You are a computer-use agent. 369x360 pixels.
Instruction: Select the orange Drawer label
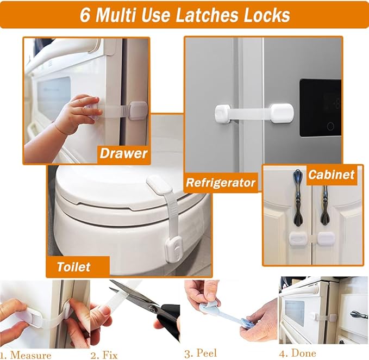[x=123, y=153]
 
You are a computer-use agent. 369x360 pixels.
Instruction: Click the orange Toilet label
[x=74, y=267]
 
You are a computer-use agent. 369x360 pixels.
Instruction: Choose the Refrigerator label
[x=221, y=183]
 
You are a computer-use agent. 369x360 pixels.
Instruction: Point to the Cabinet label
[x=331, y=175]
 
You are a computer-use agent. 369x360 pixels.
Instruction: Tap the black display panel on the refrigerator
[x=320, y=107]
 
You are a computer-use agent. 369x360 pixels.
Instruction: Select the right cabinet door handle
[x=324, y=204]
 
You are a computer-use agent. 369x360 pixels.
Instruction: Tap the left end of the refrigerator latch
[x=223, y=114]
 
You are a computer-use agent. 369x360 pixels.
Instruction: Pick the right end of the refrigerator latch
[x=282, y=113]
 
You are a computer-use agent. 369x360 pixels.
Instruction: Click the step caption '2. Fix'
[x=104, y=355]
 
